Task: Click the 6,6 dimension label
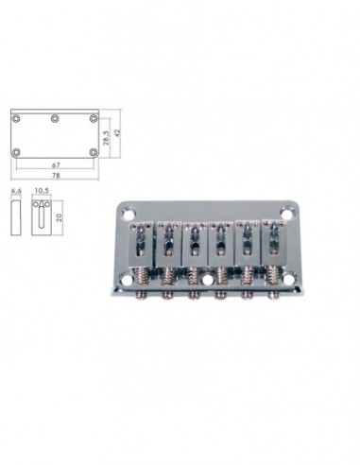pyautogui.click(x=15, y=190)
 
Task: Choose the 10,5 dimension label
pyautogui.click(x=42, y=190)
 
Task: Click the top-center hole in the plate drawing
pyautogui.click(x=55, y=119)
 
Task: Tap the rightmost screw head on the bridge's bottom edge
pyautogui.click(x=274, y=294)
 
